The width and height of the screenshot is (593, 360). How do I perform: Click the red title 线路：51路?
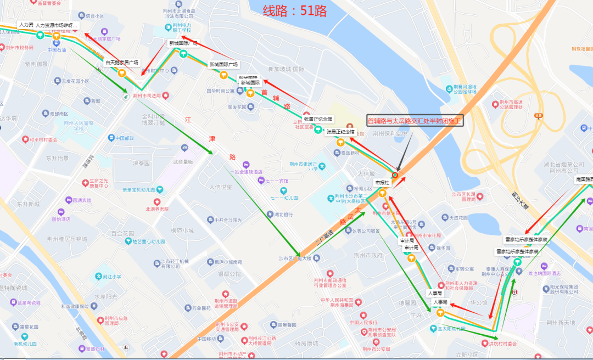294,10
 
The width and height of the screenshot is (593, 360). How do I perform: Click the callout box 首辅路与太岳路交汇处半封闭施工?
415,121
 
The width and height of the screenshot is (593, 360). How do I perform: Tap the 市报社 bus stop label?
382,182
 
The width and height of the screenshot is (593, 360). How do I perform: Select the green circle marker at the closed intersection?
395,175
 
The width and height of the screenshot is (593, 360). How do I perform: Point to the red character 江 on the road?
189,119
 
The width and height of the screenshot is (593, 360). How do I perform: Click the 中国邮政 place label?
121,138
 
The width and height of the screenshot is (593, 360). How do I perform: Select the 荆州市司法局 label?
147,95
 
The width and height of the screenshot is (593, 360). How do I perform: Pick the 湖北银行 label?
283,215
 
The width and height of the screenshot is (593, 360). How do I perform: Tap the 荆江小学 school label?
110,277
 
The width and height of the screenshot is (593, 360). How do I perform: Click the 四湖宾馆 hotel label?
82,200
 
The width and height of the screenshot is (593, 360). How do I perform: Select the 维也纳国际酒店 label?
544,273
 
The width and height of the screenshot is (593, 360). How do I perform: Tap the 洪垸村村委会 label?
500,344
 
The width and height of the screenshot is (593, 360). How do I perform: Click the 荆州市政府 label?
368,255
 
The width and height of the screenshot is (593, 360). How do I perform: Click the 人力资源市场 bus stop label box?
57,26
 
